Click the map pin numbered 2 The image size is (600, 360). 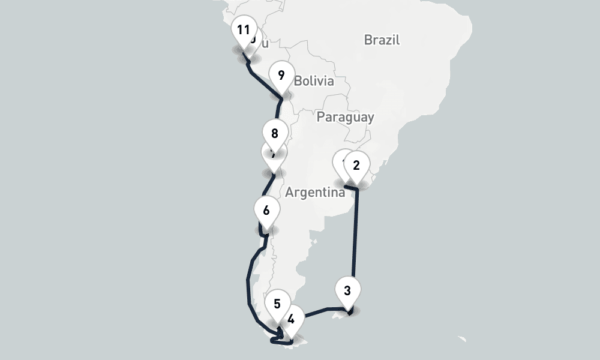click(356, 166)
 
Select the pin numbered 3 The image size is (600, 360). click(347, 292)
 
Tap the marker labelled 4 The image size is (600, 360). click(291, 319)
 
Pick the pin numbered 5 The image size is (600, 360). click(277, 304)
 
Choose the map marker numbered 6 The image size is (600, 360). click(266, 211)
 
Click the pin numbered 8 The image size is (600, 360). click(275, 133)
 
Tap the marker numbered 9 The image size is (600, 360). click(281, 76)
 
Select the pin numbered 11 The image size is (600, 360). click(243, 29)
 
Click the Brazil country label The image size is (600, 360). click(382, 40)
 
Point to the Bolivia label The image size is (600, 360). click(314, 81)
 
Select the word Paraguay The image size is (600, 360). click(345, 117)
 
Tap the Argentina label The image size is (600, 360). click(315, 193)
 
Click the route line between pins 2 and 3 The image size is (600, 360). click(356, 240)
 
